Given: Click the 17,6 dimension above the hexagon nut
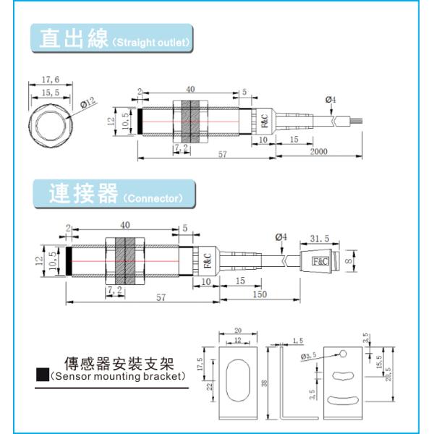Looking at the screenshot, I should click(x=50, y=80).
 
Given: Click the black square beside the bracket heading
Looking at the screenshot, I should click(x=43, y=375).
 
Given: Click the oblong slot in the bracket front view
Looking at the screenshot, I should click(x=238, y=383).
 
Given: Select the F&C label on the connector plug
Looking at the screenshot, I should click(x=319, y=262).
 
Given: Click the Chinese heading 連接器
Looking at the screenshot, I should click(x=82, y=193).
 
